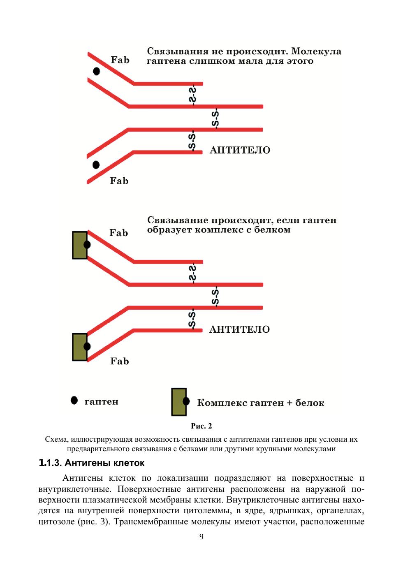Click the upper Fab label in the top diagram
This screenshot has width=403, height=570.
[x=120, y=60]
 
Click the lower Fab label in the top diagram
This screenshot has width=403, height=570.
[x=119, y=181]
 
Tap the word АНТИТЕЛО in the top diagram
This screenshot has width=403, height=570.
[x=240, y=150]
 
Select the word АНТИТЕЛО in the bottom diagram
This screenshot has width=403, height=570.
[x=239, y=329]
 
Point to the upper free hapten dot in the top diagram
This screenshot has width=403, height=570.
[x=97, y=71]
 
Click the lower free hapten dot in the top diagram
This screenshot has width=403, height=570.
[x=96, y=165]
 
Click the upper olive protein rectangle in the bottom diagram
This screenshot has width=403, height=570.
[x=79, y=245]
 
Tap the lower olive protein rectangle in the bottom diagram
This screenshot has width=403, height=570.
[x=79, y=347]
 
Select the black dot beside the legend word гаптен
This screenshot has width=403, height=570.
[x=74, y=400]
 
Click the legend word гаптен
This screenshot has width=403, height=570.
[x=101, y=402]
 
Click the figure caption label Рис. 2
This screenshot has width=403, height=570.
[x=201, y=426]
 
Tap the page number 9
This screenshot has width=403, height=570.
[x=201, y=537]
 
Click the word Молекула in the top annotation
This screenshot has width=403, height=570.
[x=316, y=51]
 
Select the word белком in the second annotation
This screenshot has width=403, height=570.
[x=272, y=230]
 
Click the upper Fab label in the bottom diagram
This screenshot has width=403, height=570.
[x=119, y=233]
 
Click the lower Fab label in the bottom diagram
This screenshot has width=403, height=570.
[x=120, y=361]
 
